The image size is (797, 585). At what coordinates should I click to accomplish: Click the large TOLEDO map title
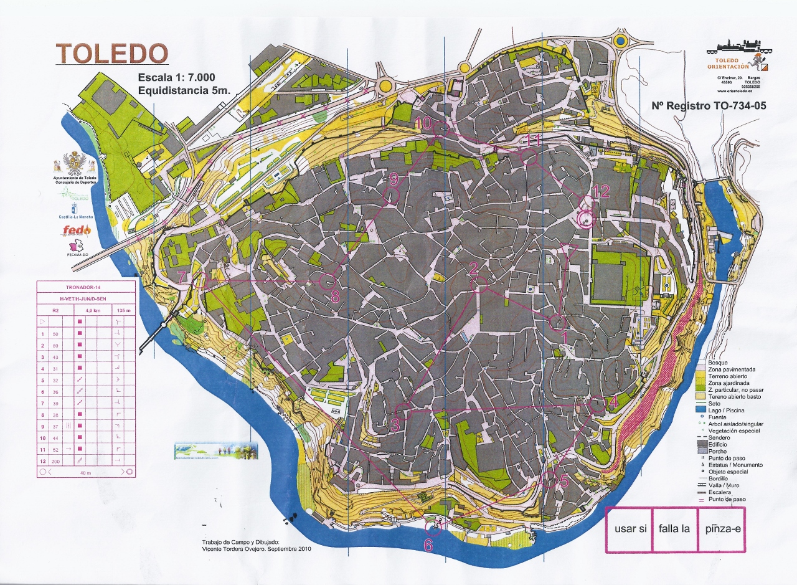[112, 55]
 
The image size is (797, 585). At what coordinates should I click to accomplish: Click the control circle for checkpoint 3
[403, 411]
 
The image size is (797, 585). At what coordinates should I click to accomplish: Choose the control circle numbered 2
[479, 285]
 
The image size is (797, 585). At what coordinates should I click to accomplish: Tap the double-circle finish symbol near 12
[586, 219]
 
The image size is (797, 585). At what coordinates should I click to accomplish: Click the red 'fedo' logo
[76, 231]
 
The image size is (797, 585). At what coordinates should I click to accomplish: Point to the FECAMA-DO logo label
[75, 254]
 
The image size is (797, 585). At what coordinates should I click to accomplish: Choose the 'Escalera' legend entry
[722, 493]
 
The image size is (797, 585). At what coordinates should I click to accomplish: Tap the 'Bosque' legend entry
[719, 363]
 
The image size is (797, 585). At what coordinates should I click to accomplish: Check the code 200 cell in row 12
[55, 460]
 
